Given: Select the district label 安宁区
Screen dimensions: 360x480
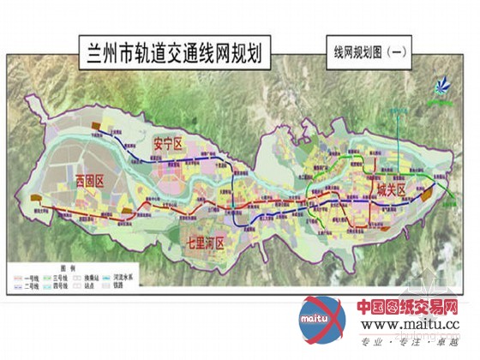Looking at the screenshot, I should [168, 144].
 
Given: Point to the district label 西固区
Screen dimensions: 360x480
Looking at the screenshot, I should [88, 180].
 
